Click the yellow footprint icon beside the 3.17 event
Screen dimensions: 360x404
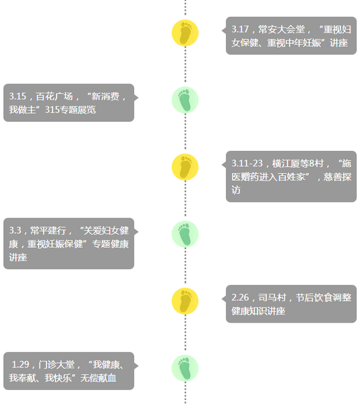pos(185,33)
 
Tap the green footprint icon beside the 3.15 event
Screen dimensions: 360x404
pos(185,100)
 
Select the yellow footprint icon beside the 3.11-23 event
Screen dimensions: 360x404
pos(185,167)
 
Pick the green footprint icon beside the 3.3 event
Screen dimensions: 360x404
pos(185,234)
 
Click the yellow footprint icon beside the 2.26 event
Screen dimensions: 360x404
pos(185,301)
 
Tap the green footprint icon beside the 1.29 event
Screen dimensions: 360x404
pos(185,368)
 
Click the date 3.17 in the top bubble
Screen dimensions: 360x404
pos(240,30)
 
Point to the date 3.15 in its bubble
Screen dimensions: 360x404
pos(18,96)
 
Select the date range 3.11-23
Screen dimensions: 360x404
pos(247,164)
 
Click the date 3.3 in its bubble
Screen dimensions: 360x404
pos(15,230)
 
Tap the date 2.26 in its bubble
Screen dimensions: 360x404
pos(240,298)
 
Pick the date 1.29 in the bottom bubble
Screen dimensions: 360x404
pos(20,364)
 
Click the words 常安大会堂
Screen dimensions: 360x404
pos(281,30)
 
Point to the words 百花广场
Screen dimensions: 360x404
pos(54,96)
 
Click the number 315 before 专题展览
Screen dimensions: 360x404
pos(53,110)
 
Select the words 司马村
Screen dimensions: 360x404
pos(272,298)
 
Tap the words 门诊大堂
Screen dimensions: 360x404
pos(57,364)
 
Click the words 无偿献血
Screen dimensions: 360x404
pos(98,378)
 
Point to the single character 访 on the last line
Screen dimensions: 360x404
pos(236,190)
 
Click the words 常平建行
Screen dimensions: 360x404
pos(49,230)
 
